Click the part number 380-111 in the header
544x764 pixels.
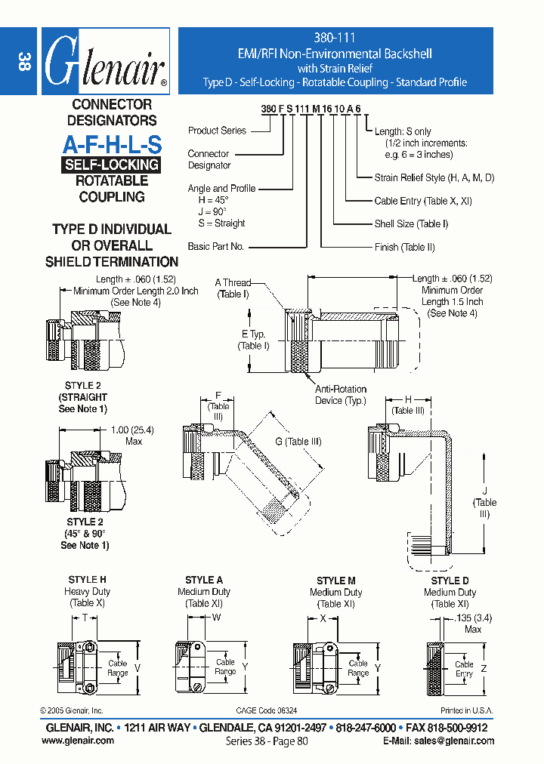pos(335,37)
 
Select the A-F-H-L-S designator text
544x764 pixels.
pos(112,143)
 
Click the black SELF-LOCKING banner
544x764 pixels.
pos(111,165)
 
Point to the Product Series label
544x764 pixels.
pos(217,131)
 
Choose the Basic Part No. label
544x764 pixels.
pos(215,246)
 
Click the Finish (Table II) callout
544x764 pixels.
pos(404,247)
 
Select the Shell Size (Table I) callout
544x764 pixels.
pos(411,223)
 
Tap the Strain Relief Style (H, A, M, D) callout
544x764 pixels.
pos(434,178)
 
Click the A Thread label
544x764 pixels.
pos(233,282)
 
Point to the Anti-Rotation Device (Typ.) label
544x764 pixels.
pos(341,395)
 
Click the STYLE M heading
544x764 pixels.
pos(336,581)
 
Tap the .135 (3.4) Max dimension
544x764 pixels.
pos(469,624)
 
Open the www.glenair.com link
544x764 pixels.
pos(78,741)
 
